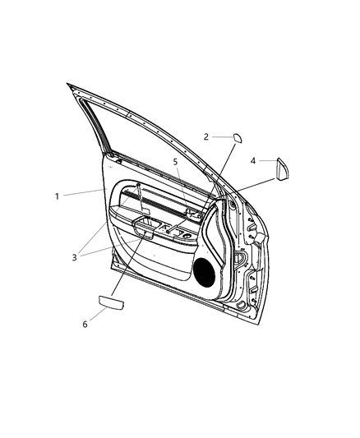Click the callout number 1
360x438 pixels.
(x=57, y=196)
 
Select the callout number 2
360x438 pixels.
(x=206, y=137)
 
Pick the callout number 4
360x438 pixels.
(x=253, y=161)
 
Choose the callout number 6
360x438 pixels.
(x=84, y=325)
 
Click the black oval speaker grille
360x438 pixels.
(x=204, y=271)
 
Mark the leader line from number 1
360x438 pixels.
(x=82, y=193)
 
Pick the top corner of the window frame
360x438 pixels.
(x=69, y=85)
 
